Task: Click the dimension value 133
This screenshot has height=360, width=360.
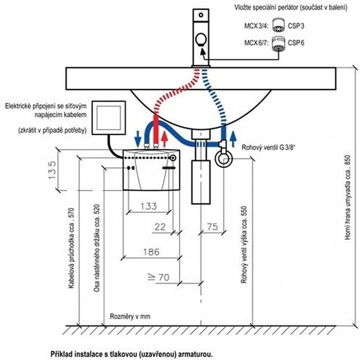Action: [149, 206]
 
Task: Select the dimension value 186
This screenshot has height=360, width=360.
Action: [151, 252]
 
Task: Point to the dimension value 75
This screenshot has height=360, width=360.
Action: [212, 227]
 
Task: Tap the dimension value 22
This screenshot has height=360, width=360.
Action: [160, 227]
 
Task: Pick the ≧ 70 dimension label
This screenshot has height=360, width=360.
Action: [158, 277]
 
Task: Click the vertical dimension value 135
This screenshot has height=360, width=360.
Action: [52, 170]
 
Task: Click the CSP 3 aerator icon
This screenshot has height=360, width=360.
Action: [279, 25]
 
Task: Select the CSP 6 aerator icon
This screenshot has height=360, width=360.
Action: [279, 43]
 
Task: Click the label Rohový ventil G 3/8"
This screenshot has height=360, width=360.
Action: [269, 147]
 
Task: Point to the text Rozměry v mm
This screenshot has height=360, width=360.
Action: [130, 316]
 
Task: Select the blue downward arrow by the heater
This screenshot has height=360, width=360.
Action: [138, 139]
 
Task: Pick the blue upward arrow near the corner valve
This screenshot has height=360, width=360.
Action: [233, 139]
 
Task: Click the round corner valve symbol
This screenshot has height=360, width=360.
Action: [224, 158]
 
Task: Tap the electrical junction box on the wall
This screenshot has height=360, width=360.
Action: [109, 118]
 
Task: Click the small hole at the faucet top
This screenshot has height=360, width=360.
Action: [201, 15]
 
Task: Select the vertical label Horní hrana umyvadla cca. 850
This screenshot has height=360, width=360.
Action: [348, 197]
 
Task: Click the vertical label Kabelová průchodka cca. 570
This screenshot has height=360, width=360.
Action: [71, 248]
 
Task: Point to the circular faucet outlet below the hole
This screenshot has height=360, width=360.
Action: [201, 40]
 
